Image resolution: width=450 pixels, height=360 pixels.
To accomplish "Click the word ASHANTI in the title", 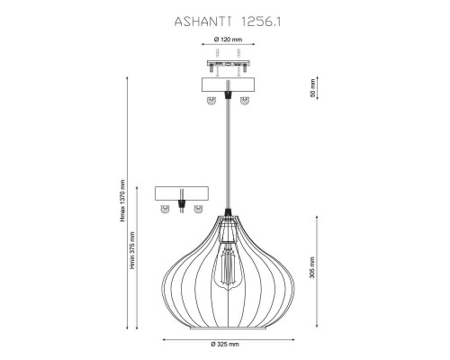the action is coord(202,22).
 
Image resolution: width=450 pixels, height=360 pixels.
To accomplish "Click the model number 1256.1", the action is coord(260,22).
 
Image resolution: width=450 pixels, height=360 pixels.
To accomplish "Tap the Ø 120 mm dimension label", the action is coord(228,40).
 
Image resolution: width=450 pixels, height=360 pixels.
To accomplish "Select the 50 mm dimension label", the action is coord(312,88).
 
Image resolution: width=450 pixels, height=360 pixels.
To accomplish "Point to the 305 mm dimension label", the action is coord(312,267).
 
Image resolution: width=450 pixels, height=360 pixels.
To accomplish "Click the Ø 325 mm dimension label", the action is coord(225,344).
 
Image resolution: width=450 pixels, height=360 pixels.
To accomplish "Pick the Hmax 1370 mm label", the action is coord(122,201).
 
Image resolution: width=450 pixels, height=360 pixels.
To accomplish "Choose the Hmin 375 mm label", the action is coord(132,250).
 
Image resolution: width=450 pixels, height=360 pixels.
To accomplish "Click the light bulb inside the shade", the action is coord(228,265).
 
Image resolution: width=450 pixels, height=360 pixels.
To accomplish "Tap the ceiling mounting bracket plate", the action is coord(229,64).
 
